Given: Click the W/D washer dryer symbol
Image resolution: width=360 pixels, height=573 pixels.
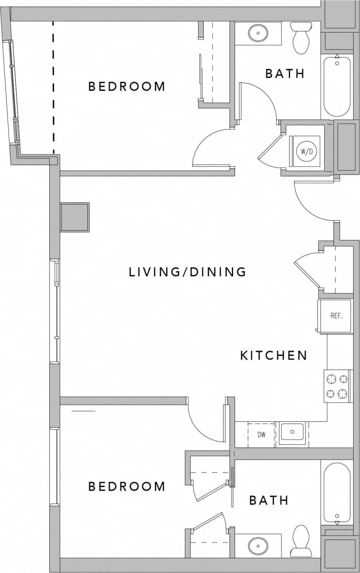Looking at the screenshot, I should [x=306, y=151].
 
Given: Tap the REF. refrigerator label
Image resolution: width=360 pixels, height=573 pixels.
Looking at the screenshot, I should [x=336, y=316].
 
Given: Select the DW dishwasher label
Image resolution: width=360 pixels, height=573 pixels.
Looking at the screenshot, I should [x=262, y=434].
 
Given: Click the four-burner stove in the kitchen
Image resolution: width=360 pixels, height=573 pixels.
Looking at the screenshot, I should [x=337, y=386].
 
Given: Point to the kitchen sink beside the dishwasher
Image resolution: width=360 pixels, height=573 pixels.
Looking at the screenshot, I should [x=292, y=432].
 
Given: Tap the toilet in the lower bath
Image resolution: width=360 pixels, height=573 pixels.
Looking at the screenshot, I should [x=300, y=540].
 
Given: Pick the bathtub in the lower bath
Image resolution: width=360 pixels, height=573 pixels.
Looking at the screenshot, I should [x=336, y=493].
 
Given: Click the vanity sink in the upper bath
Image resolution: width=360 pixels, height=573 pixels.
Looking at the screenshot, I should [x=258, y=33].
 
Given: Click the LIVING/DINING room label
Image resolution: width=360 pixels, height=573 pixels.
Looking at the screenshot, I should [x=187, y=272].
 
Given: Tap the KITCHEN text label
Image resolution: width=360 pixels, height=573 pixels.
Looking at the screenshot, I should [x=274, y=355].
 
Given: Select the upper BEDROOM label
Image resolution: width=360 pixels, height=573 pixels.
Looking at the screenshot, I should [x=127, y=86].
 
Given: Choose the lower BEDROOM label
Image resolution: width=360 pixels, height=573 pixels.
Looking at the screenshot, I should [x=127, y=486].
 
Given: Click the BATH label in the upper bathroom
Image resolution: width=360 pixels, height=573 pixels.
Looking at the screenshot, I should [x=285, y=73].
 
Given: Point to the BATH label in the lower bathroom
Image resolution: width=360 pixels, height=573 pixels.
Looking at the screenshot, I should [x=269, y=500].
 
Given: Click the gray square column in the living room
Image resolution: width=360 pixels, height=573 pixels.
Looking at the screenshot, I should [x=74, y=217].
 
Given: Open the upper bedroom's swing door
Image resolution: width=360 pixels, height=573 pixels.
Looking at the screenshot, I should [x=210, y=150].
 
